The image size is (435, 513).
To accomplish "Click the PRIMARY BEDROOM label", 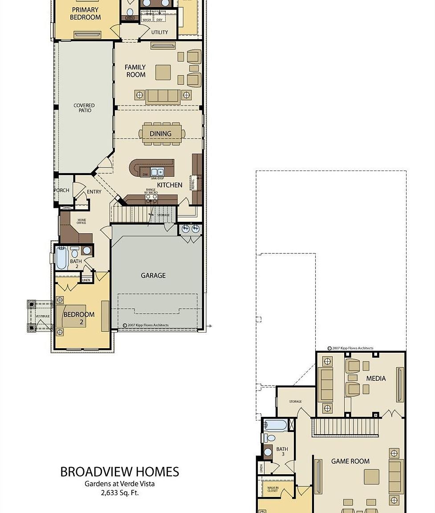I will point(85,13).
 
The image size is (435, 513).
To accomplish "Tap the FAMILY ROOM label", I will point(135,71).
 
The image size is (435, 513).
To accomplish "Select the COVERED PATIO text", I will point(84,108).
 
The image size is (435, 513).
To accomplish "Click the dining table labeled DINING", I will point(161,134).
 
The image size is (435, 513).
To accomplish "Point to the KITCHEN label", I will point(169,185).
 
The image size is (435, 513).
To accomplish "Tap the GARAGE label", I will point(153,276).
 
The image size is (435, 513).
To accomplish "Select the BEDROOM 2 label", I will point(79,318).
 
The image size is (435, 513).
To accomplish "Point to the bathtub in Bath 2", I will point(61,259).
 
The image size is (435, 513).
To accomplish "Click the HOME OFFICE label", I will point(82,222).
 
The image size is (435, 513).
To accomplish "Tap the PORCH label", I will point(61,190).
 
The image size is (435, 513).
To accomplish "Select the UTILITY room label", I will point(159,32).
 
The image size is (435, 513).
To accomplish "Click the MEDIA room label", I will point(376,379).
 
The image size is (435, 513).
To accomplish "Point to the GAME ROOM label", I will point(350,461).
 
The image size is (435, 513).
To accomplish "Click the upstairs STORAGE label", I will point(295,402).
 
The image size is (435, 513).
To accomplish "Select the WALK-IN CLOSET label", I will point(273,490).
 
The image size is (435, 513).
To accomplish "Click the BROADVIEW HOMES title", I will point(119,472).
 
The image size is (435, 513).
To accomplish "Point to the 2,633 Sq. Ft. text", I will point(119,493).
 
